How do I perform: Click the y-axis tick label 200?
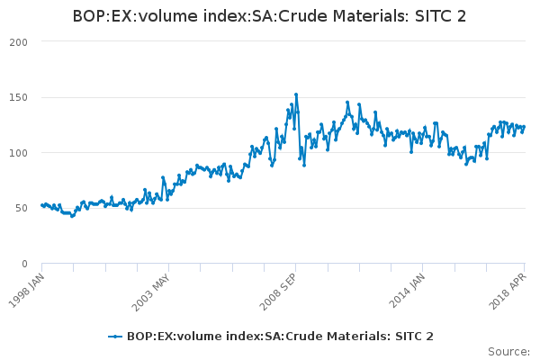click(x=18, y=42)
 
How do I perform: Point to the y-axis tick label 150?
click(x=18, y=97)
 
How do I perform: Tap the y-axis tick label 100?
click(x=18, y=153)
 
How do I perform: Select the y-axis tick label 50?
click(x=21, y=208)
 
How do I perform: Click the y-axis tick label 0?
click(x=24, y=264)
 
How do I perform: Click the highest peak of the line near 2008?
click(x=296, y=94)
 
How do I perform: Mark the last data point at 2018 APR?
click(x=524, y=126)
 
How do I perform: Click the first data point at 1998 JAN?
click(x=42, y=205)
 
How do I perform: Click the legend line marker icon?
click(x=115, y=337)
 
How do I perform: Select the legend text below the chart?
click(x=280, y=337)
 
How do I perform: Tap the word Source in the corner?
click(x=508, y=352)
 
